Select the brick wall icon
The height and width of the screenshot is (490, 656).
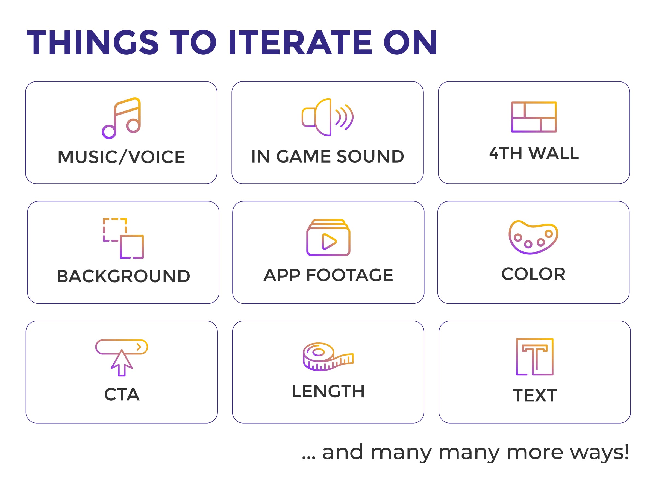pos(534,117)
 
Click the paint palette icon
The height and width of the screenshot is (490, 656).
pos(533,237)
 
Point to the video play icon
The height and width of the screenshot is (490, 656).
pos(328,237)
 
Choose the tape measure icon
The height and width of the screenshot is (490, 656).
pos(328,357)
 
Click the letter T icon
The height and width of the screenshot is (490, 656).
pos(535,357)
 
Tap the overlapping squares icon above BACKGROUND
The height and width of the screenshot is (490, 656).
pos(123,238)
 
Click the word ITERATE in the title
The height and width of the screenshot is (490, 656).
pos(300,42)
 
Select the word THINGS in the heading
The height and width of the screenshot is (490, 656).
pos(93,42)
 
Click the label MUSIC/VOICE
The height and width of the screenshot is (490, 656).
pos(121,157)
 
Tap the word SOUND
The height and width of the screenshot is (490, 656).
pos(370,156)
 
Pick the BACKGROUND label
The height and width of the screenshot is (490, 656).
pos(123,277)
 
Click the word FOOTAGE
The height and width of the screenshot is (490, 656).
pos(350,275)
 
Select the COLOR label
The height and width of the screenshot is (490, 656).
pos(534,274)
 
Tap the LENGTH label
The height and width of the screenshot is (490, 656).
pos(328,392)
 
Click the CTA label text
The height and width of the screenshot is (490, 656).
pos(122,395)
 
